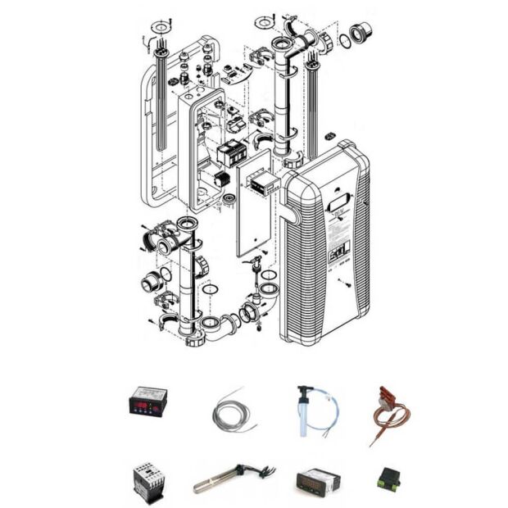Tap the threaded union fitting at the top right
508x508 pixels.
tap(358, 33)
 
